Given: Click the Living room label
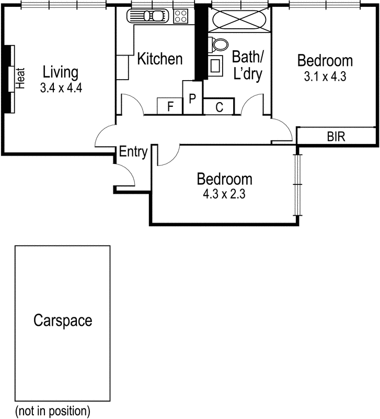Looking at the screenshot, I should coord(61,72).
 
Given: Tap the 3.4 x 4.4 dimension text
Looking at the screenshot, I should coord(61,87).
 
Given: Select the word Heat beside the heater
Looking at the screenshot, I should coord(21,78).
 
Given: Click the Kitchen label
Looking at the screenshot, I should coord(159,59).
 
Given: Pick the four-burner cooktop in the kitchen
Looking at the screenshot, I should coord(181,16).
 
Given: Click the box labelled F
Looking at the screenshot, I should coord(170,107).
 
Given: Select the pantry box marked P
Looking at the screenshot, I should coord(192,98).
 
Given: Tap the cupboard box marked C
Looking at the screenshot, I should coord(219,107).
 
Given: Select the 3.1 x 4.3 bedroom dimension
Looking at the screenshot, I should coord(325,76).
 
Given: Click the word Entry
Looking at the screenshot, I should coord(133,152).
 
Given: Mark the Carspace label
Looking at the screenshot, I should coord(62,320).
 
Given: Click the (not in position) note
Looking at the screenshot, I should coord(52,410).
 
